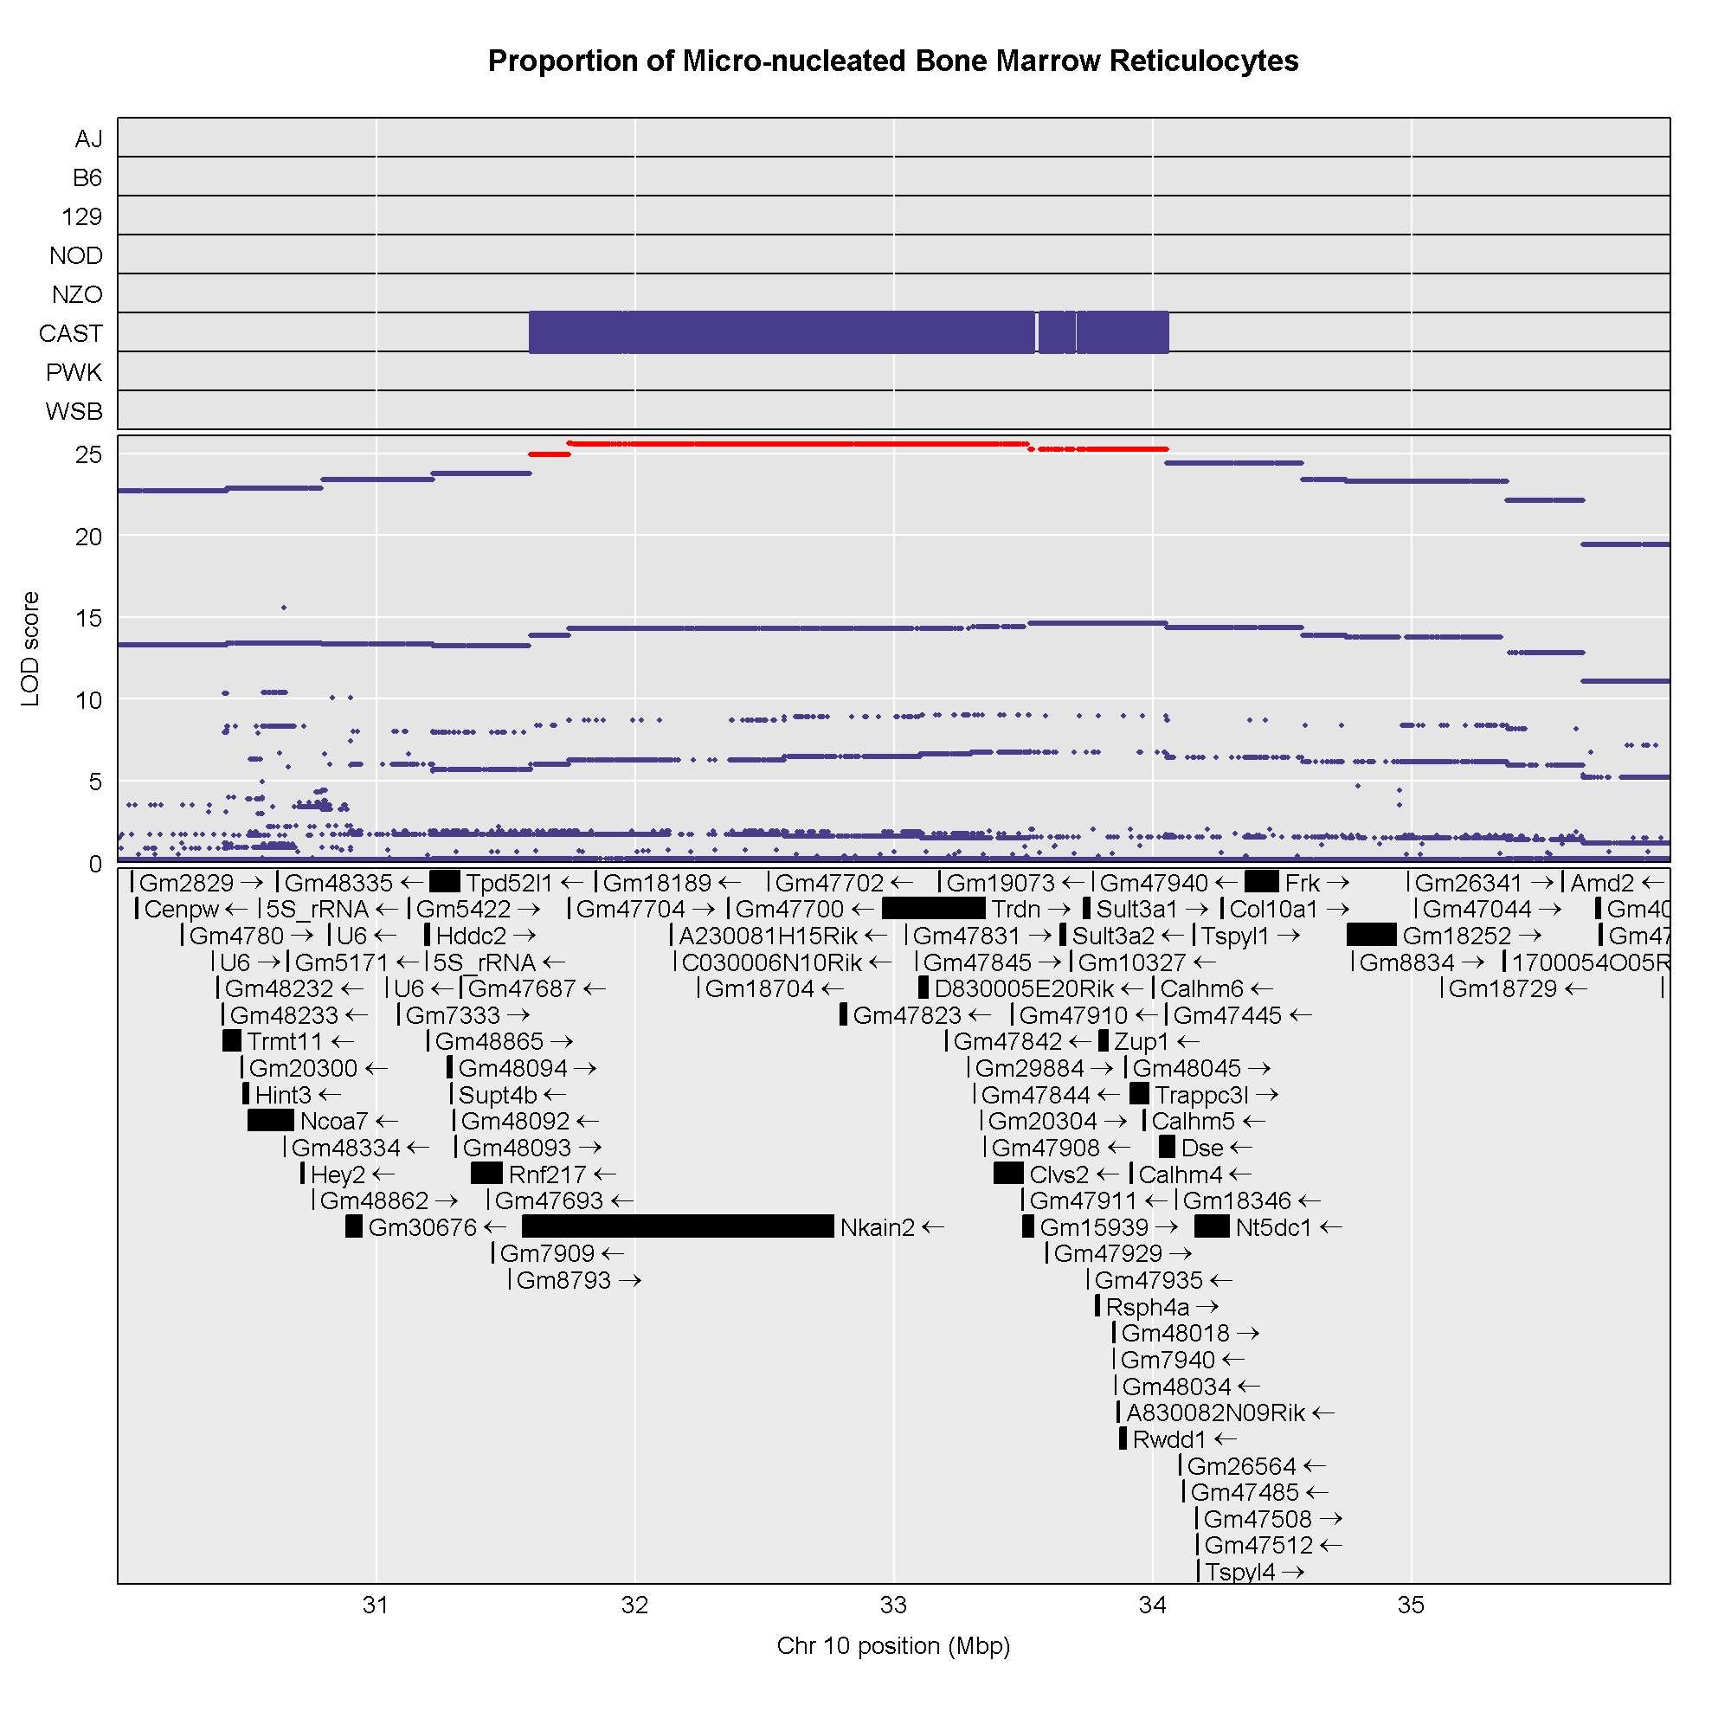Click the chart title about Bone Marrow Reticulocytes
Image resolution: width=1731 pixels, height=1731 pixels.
coord(892,61)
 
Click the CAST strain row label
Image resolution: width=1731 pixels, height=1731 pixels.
coord(71,333)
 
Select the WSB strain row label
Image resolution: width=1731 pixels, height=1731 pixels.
coord(74,411)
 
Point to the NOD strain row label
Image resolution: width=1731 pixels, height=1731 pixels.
coord(76,256)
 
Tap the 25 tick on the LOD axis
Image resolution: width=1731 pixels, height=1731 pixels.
coord(88,455)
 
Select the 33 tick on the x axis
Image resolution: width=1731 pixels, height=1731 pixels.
coord(893,1606)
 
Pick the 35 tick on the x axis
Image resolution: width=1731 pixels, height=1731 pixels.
coord(1411,1606)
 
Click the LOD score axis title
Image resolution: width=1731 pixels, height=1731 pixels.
coord(30,650)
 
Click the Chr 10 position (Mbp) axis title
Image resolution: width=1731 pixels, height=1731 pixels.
coord(893,1646)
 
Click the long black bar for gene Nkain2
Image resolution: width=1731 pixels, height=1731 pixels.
coord(678,1226)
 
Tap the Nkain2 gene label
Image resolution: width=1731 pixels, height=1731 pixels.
coord(877,1227)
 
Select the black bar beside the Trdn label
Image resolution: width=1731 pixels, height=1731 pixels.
coord(933,909)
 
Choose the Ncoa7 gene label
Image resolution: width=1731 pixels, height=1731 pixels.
coord(334,1122)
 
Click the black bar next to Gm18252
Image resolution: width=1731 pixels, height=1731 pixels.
coord(1371,936)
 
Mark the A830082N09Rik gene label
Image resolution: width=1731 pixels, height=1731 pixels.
coord(1215,1414)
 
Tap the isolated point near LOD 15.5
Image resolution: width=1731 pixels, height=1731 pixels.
coord(284,608)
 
